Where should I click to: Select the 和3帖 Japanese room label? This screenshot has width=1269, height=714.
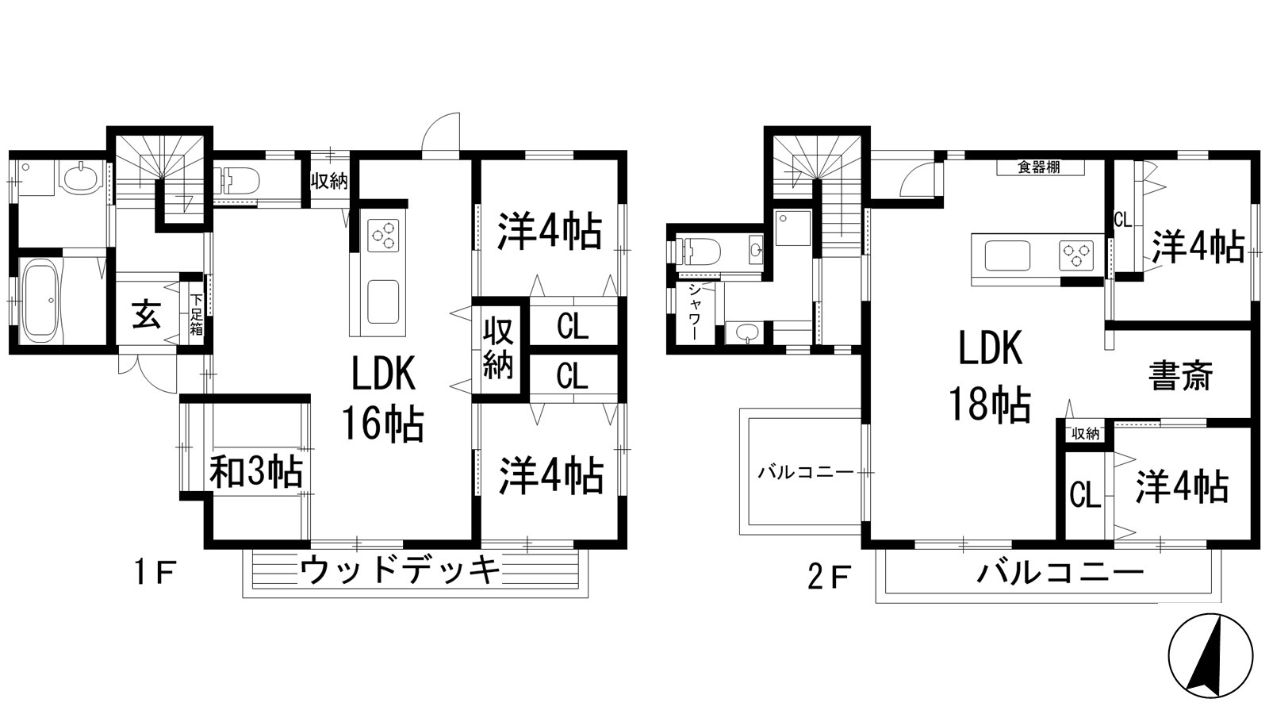click(255, 473)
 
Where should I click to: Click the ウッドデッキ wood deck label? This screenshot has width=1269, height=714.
click(401, 570)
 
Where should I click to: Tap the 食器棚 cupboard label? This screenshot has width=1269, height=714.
click(1039, 167)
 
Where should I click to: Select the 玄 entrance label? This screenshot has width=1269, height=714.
click(147, 315)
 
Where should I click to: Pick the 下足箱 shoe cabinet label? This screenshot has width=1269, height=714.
click(195, 315)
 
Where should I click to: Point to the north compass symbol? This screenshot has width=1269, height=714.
click(1210, 655)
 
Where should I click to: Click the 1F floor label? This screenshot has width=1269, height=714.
click(154, 572)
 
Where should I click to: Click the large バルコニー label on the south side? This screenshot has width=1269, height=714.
click(1060, 572)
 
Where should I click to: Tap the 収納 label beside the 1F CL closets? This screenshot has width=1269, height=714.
click(499, 347)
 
